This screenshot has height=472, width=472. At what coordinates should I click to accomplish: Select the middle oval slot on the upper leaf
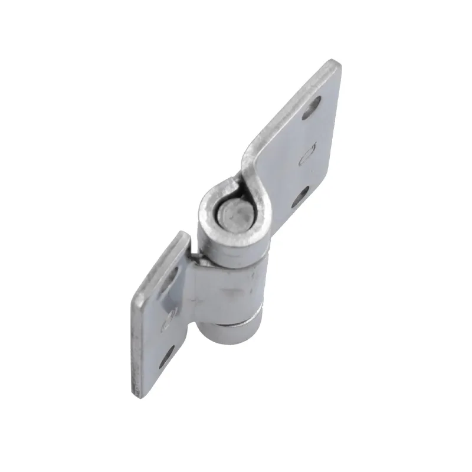click(x=307, y=155)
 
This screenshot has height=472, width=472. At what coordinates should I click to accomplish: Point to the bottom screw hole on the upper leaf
click(x=300, y=197)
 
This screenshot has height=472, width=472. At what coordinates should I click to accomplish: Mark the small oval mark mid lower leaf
click(x=169, y=319)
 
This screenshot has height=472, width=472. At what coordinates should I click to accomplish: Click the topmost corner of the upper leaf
click(x=335, y=63)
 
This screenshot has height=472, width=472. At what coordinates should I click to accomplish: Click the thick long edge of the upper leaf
click(x=289, y=103)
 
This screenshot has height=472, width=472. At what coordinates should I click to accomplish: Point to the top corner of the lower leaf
click(x=183, y=233)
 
